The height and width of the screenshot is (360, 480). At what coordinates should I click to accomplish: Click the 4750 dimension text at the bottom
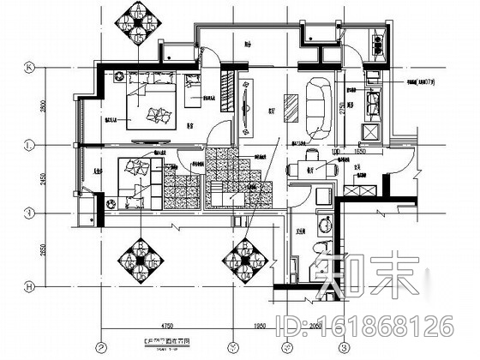click(165, 327)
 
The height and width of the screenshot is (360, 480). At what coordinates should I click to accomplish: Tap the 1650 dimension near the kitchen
click(360, 150)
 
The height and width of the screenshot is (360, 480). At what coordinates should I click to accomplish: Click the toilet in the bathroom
click(319, 253)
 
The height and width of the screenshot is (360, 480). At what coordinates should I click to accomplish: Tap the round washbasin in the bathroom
click(323, 227)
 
